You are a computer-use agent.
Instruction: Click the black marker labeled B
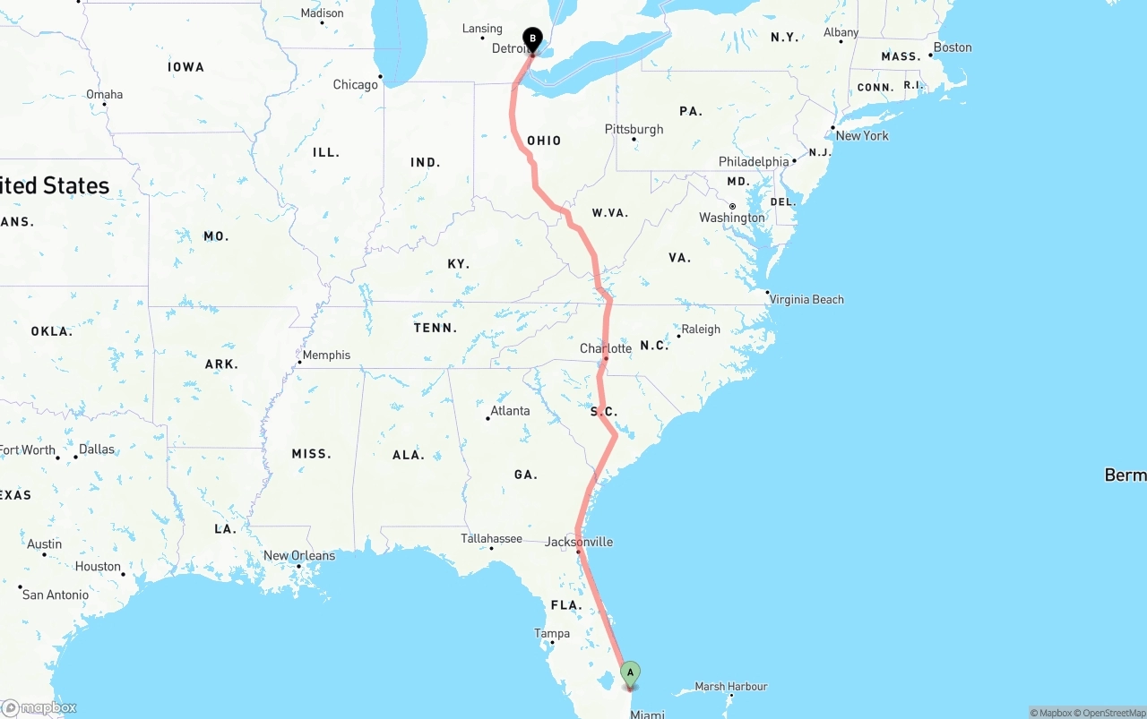[x=532, y=39]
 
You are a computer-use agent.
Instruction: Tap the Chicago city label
[x=356, y=84]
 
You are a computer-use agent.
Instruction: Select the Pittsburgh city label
[x=634, y=129]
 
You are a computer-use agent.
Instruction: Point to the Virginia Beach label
[x=806, y=299]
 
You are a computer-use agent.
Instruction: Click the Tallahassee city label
[x=491, y=538]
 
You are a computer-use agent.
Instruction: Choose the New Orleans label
[x=299, y=555]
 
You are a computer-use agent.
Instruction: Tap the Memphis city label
[x=326, y=355]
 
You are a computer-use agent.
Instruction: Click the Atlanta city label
[x=510, y=410]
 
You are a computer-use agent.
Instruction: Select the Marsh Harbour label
[x=731, y=687]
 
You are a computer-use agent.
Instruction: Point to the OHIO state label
[x=544, y=141]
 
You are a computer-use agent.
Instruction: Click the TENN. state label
[x=436, y=328]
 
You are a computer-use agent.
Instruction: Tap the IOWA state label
[x=185, y=67]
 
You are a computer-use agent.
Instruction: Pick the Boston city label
[x=953, y=47]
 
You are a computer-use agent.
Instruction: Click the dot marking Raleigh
[x=678, y=336]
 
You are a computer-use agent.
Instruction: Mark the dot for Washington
[x=732, y=207]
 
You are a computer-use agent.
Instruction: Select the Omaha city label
[x=105, y=94]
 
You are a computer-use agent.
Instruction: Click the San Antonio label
[x=56, y=595]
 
